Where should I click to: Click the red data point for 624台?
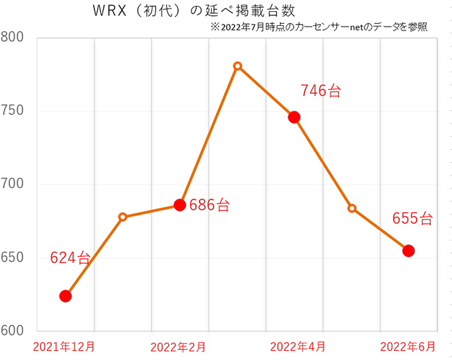click(x=65, y=296)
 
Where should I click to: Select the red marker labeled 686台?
click(x=179, y=205)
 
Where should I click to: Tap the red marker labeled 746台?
click(x=294, y=117)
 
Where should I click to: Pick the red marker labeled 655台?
click(x=408, y=250)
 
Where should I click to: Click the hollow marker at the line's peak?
click(x=237, y=66)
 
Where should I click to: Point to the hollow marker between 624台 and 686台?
click(x=123, y=217)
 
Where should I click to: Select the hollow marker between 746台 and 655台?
click(x=352, y=208)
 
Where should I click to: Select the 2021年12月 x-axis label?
click(x=64, y=347)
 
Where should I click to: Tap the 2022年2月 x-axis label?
click(x=178, y=347)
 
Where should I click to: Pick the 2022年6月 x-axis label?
click(x=408, y=347)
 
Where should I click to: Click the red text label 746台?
click(x=320, y=91)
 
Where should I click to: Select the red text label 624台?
click(x=70, y=259)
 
